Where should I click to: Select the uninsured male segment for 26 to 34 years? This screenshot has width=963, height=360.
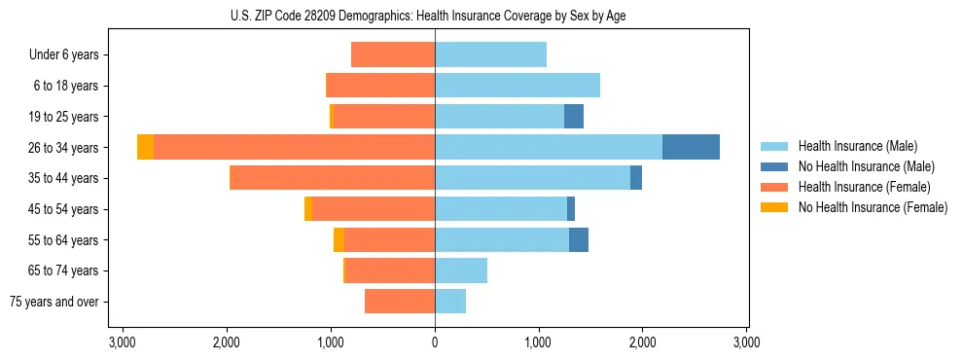tap(691, 147)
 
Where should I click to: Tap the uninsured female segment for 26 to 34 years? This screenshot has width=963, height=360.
tap(145, 147)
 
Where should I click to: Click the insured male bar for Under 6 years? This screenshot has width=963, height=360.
tap(490, 54)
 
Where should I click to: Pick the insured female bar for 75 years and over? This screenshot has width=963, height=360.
tap(400, 302)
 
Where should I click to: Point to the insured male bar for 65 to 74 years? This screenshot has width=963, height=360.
tap(461, 270)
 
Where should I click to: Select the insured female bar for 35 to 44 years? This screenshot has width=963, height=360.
tap(332, 178)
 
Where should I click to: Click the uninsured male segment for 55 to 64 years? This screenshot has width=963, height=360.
tap(579, 239)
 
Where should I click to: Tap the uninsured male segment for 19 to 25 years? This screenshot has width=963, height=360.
tap(574, 117)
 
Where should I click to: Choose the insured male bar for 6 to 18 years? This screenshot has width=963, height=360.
tap(517, 86)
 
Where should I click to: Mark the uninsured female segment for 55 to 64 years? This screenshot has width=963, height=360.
tap(339, 239)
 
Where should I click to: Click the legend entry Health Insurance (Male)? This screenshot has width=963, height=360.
tap(857, 146)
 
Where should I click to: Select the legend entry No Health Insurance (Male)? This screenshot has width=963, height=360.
tap(866, 166)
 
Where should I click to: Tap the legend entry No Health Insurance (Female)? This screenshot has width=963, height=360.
tap(873, 207)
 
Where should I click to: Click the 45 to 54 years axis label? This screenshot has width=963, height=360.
tap(63, 209)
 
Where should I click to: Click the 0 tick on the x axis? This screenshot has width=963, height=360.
tap(435, 342)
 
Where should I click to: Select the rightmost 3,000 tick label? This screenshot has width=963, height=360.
tap(746, 342)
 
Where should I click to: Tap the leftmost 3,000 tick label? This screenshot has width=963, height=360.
tap(123, 342)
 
